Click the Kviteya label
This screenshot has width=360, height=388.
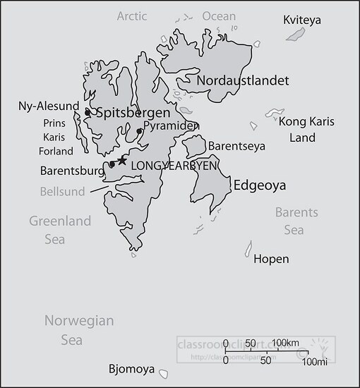coord(301,20)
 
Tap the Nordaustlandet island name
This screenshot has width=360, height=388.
coord(243,80)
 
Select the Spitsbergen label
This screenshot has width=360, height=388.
coord(133,113)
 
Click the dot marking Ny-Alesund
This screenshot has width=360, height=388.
coord(88,112)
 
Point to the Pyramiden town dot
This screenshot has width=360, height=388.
coord(140,131)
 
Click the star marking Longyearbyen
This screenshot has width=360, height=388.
coord(122,161)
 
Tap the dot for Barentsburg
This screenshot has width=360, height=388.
coord(112,164)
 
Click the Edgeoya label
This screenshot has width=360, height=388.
coord(259,186)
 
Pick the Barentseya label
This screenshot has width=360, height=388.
coord(235,146)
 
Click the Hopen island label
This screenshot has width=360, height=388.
coord(271,259)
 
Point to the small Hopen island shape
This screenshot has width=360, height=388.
coord(248,248)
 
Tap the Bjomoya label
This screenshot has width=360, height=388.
coord(132,369)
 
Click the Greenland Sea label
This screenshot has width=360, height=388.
coord(60,230)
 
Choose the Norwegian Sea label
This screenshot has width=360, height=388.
coord(78,330)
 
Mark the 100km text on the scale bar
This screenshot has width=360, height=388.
coord(286,343)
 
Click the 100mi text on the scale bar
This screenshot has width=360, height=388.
coord(315,363)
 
